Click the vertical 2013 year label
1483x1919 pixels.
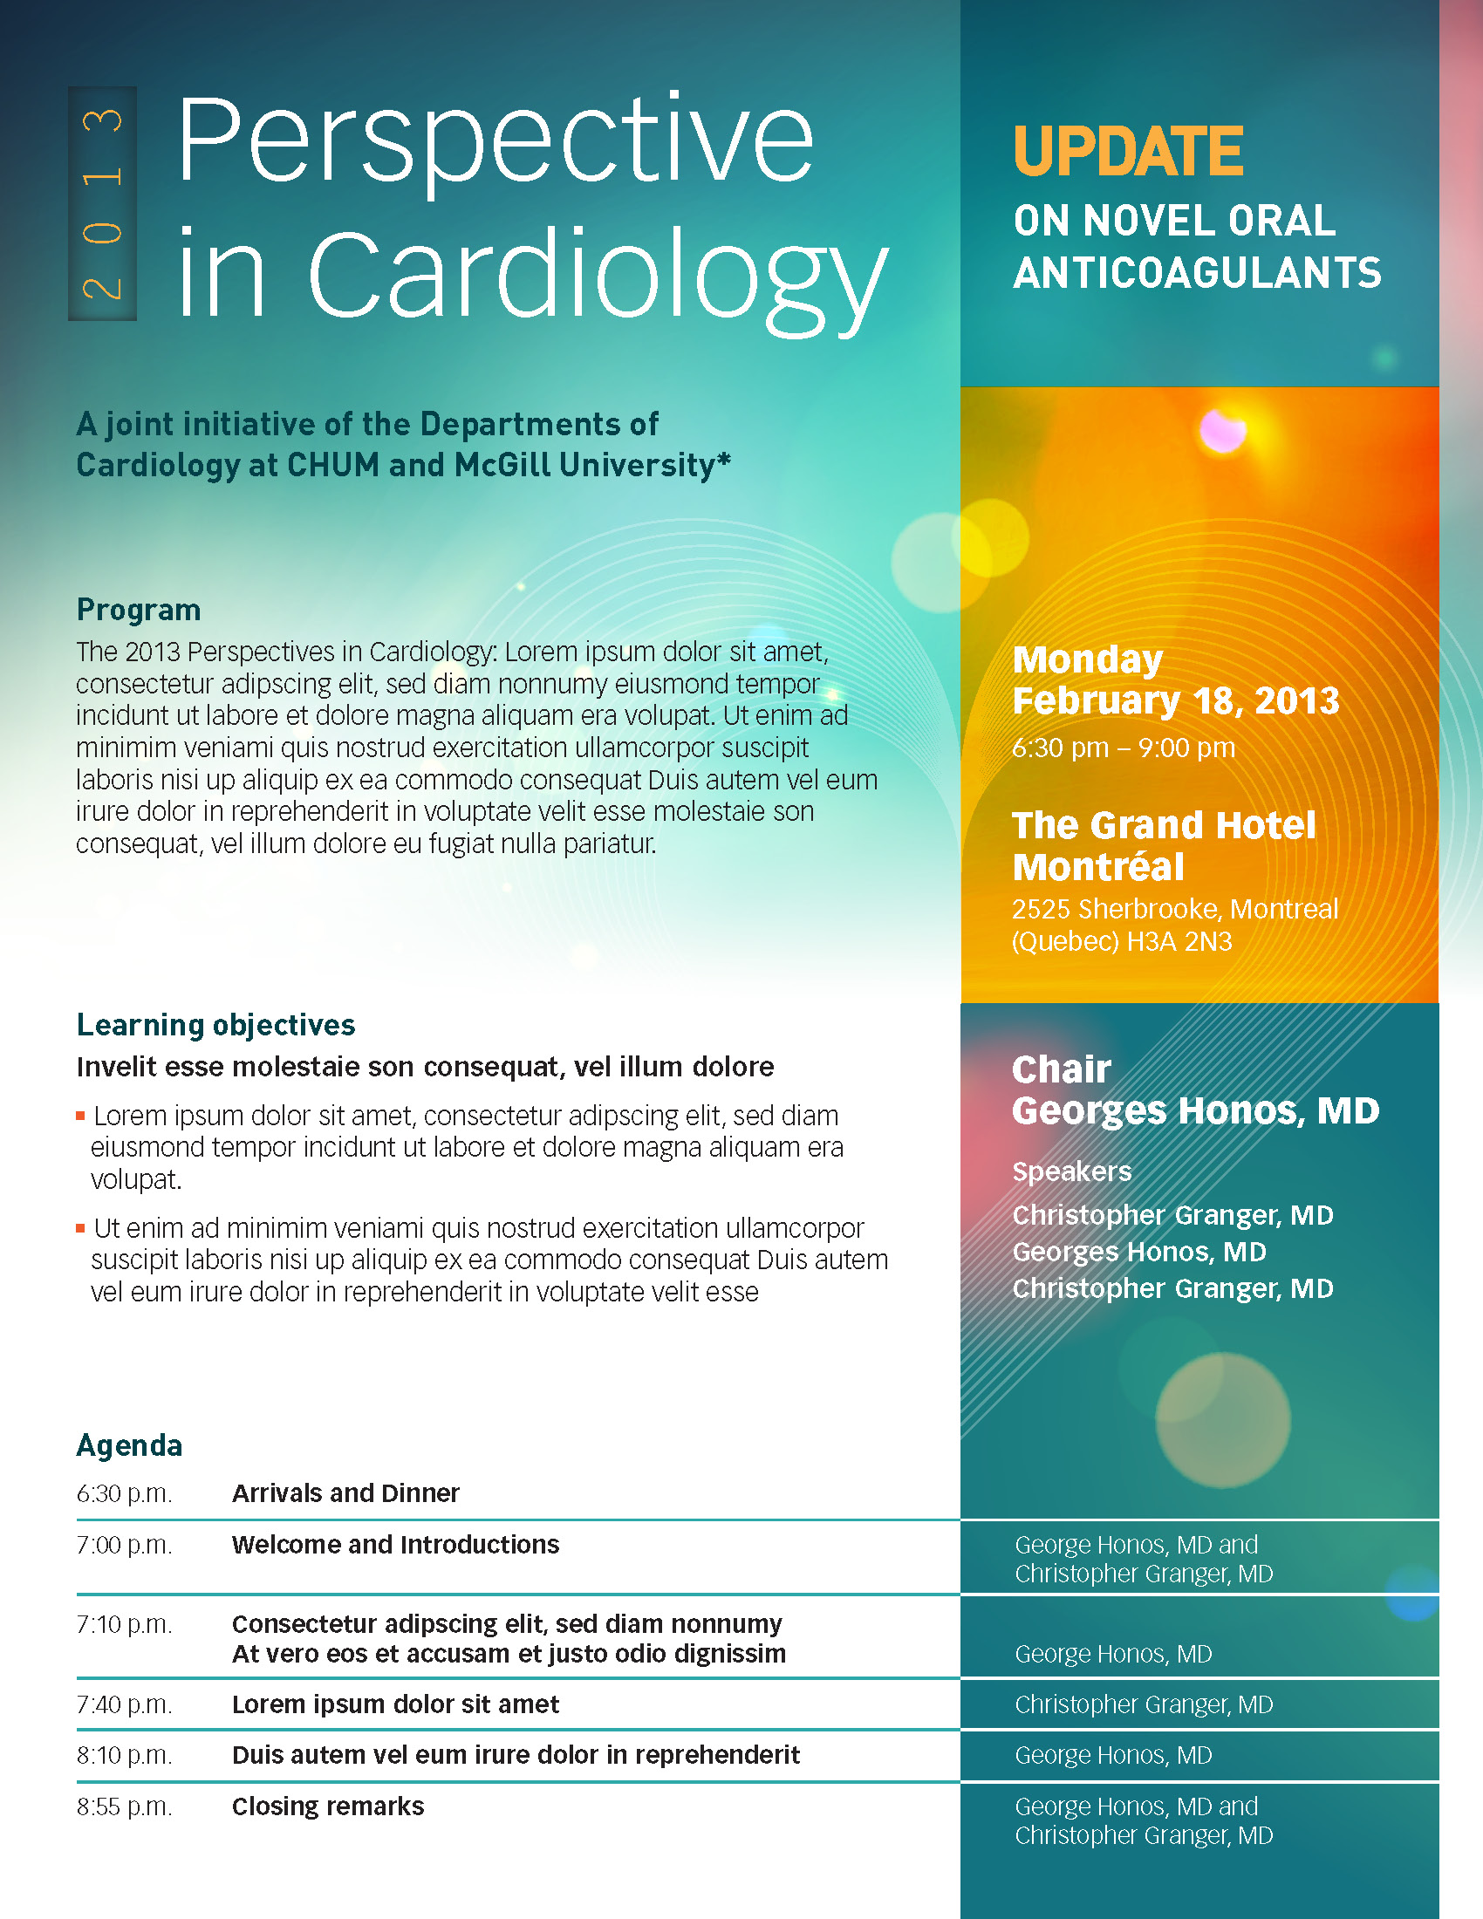pyautogui.click(x=102, y=204)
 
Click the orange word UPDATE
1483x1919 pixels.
pyautogui.click(x=1128, y=151)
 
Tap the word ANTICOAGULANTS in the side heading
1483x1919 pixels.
pyautogui.click(x=1197, y=273)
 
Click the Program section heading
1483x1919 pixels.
pyautogui.click(x=139, y=610)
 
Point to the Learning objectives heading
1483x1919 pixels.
pyautogui.click(x=215, y=1025)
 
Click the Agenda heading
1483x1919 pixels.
pyautogui.click(x=129, y=1445)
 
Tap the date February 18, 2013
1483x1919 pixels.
pyautogui.click(x=1176, y=701)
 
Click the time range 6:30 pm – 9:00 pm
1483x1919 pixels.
pyautogui.click(x=1123, y=748)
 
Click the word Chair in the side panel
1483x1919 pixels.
pyautogui.click(x=1062, y=1069)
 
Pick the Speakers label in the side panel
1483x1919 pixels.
pyautogui.click(x=1072, y=1171)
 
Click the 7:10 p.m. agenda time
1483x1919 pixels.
pyautogui.click(x=124, y=1624)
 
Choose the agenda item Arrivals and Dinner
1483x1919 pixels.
pyautogui.click(x=345, y=1492)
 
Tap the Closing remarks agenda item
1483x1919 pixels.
pyautogui.click(x=328, y=1806)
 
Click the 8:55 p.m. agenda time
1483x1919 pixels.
pyautogui.click(x=124, y=1806)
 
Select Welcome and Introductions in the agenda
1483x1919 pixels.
pyautogui.click(x=395, y=1544)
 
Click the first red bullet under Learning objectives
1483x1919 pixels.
pyautogui.click(x=80, y=1116)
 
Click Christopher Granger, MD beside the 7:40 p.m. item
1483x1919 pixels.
pyautogui.click(x=1143, y=1704)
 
